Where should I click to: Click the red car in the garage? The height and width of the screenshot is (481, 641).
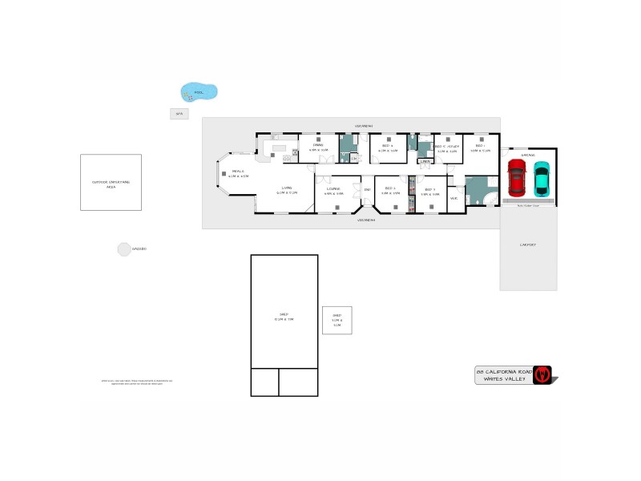point(516,178)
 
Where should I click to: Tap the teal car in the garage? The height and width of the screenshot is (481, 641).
point(542,178)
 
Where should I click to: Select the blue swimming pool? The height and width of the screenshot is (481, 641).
point(198,91)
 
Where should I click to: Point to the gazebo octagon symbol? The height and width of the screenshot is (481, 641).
point(124,249)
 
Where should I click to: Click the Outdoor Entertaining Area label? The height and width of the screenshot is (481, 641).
point(111,184)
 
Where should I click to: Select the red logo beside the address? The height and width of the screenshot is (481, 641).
point(544,374)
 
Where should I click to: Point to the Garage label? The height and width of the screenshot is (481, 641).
point(528,155)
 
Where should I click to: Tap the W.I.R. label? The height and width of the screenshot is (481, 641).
point(454,198)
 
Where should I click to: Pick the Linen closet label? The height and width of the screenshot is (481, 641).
point(425,162)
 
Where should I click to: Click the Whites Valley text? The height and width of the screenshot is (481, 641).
point(504,380)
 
